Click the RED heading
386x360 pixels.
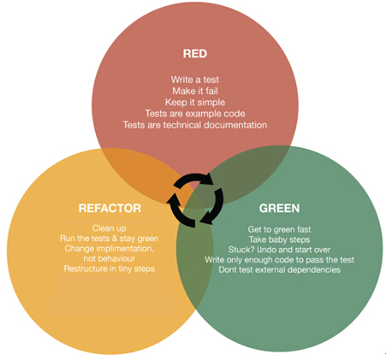(195, 54)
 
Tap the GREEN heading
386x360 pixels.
(279, 208)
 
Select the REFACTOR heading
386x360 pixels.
(110, 208)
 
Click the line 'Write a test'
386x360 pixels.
(195, 80)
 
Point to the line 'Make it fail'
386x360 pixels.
(195, 91)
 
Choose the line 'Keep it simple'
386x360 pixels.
(195, 103)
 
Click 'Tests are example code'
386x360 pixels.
(195, 114)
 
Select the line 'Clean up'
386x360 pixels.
(109, 228)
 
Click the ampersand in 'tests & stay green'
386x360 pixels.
(115, 239)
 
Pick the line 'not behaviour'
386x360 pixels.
(109, 258)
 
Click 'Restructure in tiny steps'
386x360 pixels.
(109, 269)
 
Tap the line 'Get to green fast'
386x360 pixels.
(279, 229)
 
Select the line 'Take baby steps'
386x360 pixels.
(279, 239)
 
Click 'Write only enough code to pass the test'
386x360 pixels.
(279, 260)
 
